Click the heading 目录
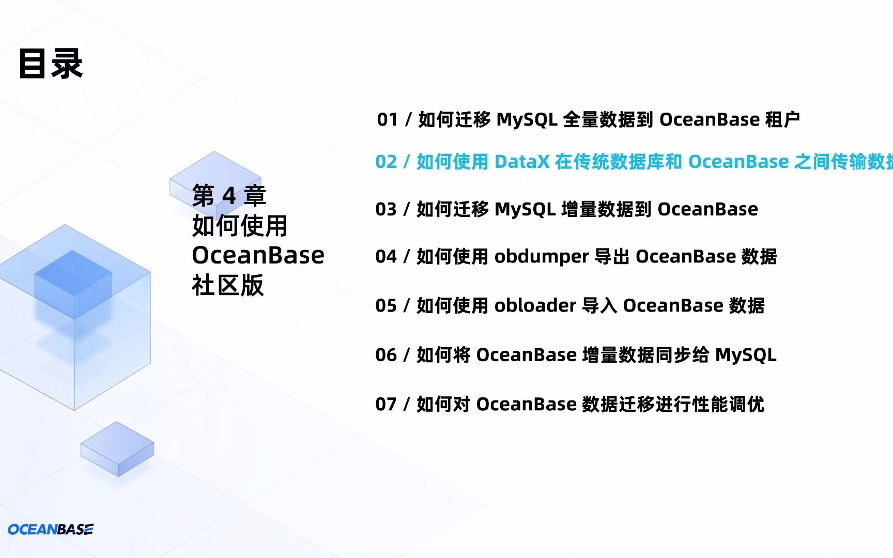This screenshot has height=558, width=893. [51, 64]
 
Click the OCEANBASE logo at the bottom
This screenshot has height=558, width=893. [51, 529]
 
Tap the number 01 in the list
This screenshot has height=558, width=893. [387, 120]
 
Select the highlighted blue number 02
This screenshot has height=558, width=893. [386, 162]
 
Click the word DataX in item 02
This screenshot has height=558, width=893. [521, 162]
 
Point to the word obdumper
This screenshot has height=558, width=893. [541, 257]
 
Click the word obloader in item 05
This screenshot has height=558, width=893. [535, 306]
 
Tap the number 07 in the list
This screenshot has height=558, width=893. [386, 404]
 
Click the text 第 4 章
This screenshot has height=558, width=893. [229, 195]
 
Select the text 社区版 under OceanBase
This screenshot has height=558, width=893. [228, 285]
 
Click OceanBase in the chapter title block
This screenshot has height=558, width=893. [258, 255]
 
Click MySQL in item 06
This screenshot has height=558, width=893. [745, 355]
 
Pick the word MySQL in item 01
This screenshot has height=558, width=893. [527, 120]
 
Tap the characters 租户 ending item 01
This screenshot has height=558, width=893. [782, 120]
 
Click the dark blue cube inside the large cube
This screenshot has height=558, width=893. [73, 284]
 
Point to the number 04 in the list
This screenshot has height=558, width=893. [386, 257]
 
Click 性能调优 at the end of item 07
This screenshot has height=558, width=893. [728, 404]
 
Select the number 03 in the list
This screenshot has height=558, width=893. [386, 209]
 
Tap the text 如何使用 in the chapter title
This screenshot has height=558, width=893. [239, 225]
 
